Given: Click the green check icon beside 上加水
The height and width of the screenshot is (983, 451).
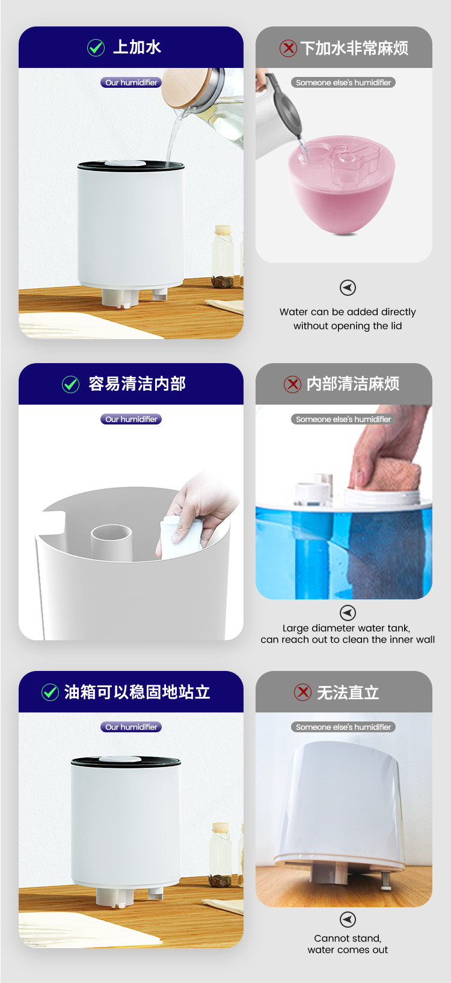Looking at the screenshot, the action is point(96,48).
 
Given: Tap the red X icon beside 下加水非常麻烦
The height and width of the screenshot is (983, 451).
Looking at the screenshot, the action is point(288,48).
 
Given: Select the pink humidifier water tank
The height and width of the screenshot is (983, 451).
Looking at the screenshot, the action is point(342,185).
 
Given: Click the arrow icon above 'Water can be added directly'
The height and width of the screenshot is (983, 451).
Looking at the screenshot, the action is point(348,288).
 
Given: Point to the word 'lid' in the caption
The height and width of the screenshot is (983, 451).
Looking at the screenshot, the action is point(396,326).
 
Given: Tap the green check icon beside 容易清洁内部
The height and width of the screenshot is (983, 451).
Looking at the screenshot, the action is point(70,384).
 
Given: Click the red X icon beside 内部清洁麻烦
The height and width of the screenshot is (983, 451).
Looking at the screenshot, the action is point(293,384).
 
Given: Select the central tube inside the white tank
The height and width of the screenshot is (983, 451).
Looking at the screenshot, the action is point(111,542).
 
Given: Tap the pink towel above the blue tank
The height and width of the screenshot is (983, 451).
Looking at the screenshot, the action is point(386,474).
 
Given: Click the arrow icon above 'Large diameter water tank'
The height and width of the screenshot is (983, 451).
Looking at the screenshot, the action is point(348,613).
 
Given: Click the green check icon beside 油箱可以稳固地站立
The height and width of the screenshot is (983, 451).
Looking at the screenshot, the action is point(50,692).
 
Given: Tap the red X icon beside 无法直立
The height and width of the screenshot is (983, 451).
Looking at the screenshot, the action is point(302,692).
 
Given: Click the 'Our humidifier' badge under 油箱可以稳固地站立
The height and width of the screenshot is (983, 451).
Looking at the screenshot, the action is point(131,727).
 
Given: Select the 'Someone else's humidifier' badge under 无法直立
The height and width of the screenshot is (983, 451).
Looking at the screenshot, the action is point(343,727).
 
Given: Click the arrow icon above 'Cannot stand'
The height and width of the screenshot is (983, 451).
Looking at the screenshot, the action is point(348,919).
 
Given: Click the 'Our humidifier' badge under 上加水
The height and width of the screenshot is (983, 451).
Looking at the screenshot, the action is point(131,82).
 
